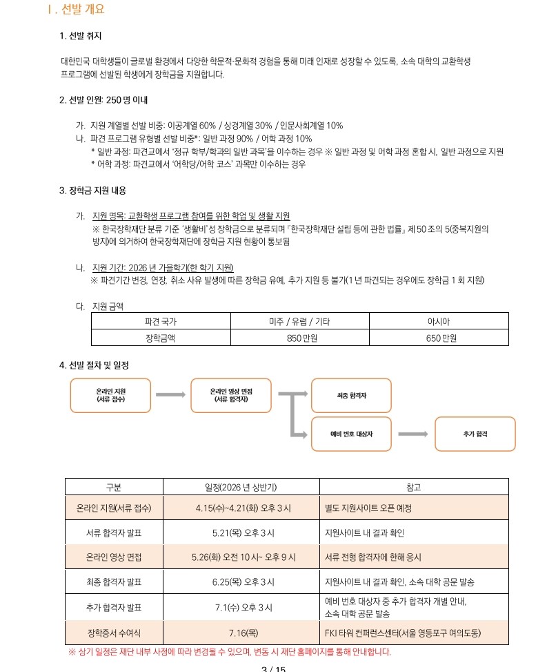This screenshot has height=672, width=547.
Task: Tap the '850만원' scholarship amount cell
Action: point(300,338)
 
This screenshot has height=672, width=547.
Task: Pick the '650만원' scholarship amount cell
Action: point(438,338)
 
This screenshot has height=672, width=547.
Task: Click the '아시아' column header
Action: point(438,321)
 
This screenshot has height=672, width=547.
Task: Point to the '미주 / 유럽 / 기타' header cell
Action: point(300,321)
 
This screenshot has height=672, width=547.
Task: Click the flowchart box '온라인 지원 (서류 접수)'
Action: point(110,395)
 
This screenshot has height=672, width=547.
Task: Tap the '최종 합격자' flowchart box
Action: point(351,395)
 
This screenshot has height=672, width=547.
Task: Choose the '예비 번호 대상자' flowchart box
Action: point(351,434)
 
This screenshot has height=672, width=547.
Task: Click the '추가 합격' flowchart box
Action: point(475,434)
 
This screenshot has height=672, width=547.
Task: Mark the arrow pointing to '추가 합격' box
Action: point(413,434)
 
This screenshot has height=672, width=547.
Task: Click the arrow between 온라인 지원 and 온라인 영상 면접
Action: point(170,394)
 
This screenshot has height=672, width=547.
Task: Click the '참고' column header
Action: point(414,487)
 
